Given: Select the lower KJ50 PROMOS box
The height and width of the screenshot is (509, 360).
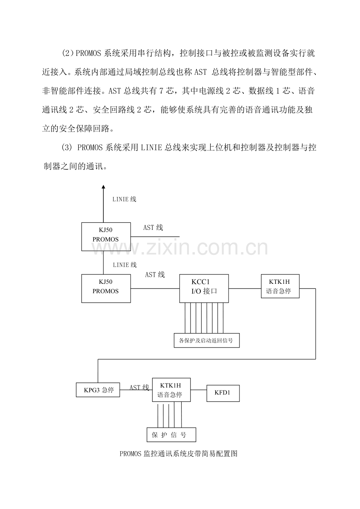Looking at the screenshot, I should coord(106,289).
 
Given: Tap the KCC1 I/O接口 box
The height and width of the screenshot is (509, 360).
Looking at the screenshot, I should coord(204,289).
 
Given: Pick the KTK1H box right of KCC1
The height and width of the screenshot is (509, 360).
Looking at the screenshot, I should coord(280,286).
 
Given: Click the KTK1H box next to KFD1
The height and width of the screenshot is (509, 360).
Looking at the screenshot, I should coord(171,390).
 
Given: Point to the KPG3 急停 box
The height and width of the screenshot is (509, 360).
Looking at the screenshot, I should coord(97,390).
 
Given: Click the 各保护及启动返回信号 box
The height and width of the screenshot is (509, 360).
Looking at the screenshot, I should coord(206,340).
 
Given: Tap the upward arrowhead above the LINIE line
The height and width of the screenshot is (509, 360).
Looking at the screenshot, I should coord(103,187).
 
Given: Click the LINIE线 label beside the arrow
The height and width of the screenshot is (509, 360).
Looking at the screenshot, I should coord(124,199).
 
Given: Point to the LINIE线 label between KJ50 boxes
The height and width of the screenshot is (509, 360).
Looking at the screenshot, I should coord(124,265).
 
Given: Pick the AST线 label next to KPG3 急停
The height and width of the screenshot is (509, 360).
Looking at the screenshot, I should coord(139,387).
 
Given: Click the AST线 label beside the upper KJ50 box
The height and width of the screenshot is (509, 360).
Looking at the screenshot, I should coord(153,228).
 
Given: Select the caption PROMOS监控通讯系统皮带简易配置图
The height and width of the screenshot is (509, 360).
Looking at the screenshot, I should coord(179,454).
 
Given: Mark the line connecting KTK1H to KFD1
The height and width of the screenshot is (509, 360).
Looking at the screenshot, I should coord(198,390).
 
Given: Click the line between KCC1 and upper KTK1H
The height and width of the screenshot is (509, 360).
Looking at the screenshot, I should coord(245,289).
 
